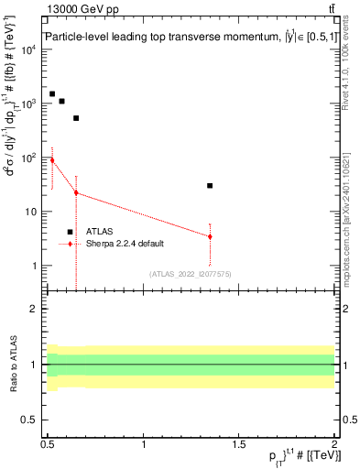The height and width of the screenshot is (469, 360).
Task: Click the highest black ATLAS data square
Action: [x=52, y=94]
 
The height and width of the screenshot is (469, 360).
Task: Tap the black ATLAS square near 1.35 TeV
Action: [x=210, y=186]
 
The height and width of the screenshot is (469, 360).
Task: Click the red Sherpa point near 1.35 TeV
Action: [x=210, y=236]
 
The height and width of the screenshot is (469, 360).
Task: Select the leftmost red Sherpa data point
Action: [x=52, y=160]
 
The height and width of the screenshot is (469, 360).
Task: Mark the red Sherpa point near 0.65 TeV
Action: [x=76, y=192]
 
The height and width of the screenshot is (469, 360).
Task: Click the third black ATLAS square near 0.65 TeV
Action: [x=76, y=118]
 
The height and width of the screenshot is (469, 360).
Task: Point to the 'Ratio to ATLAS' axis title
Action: [x=12, y=364]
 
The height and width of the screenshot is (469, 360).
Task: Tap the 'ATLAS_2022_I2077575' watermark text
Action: [x=190, y=274]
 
